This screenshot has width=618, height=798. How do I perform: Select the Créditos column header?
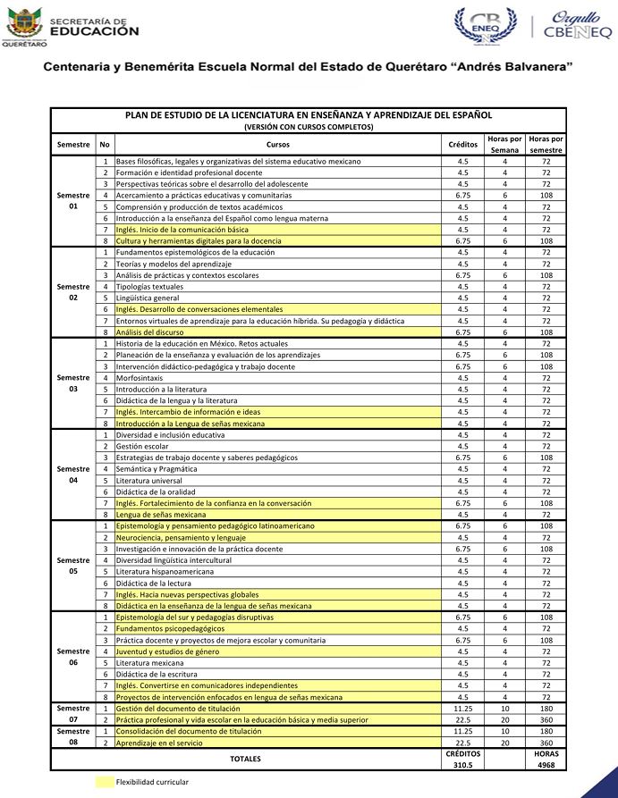point(462,144)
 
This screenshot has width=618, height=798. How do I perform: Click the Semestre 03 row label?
point(73,383)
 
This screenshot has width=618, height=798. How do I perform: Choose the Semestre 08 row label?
point(73,736)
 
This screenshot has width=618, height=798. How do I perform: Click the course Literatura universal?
point(149,480)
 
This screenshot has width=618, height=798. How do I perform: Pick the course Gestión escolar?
point(142,446)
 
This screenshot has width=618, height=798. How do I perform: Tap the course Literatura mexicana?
point(149,663)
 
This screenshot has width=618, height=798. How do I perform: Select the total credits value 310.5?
point(462,765)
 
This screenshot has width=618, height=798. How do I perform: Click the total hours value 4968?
point(546,765)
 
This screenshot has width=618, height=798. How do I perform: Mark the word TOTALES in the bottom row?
point(245,759)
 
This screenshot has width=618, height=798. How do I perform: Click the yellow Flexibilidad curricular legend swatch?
point(104,782)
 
